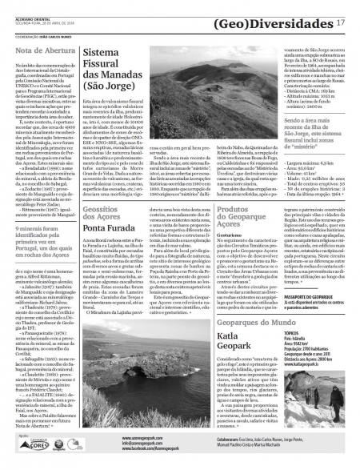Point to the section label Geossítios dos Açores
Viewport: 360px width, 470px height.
[x=107, y=213]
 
